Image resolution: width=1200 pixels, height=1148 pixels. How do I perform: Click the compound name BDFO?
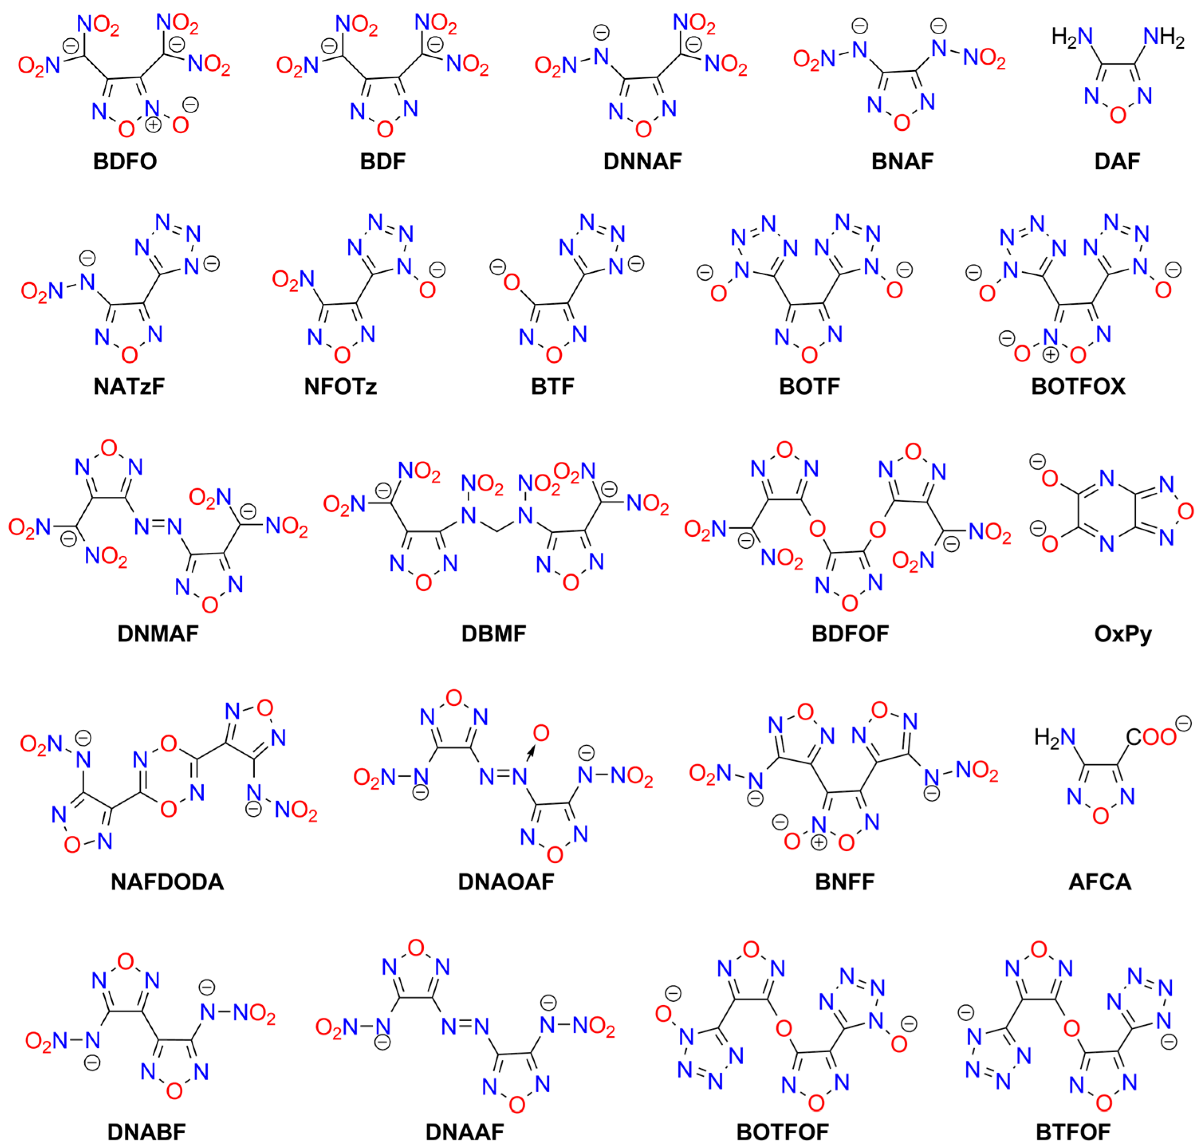point(125,161)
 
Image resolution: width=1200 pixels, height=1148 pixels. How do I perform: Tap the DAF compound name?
point(1117,161)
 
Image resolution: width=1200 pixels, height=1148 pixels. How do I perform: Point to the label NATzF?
point(129,386)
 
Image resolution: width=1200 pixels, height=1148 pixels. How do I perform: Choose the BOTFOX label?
point(1078,386)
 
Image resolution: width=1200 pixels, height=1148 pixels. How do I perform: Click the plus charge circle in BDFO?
point(153,124)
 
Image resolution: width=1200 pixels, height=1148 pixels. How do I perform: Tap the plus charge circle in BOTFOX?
point(1050,354)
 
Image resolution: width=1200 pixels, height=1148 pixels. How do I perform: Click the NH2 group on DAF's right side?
point(1163,38)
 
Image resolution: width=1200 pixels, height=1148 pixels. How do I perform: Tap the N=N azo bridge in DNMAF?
point(158,527)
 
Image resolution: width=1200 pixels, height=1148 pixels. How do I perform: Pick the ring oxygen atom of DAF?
point(1117,115)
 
